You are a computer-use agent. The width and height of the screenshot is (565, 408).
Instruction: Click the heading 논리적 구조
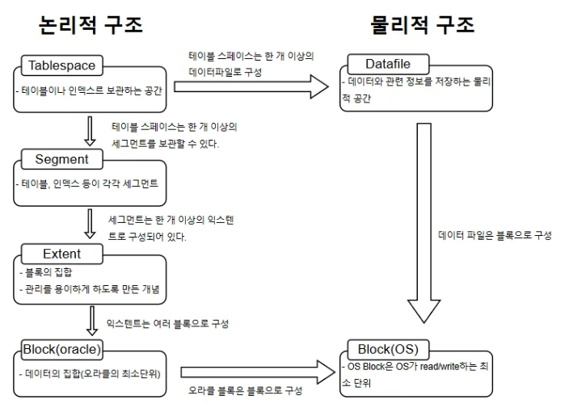91,25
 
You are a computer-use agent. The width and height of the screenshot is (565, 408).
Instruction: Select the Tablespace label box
61,65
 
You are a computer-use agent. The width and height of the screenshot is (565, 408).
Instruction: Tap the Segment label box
61,159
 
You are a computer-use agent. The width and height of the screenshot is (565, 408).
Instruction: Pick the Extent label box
61,254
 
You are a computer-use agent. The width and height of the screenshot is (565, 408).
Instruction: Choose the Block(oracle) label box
62,349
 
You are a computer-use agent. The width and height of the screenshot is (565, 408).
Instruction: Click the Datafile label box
390,64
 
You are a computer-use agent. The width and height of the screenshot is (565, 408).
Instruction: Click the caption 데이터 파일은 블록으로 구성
495,235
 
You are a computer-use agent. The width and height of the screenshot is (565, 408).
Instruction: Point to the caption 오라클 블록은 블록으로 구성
246,390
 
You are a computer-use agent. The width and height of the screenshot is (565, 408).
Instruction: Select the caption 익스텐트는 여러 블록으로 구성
167,323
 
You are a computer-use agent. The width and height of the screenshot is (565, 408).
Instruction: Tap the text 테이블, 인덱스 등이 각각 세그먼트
88,183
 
